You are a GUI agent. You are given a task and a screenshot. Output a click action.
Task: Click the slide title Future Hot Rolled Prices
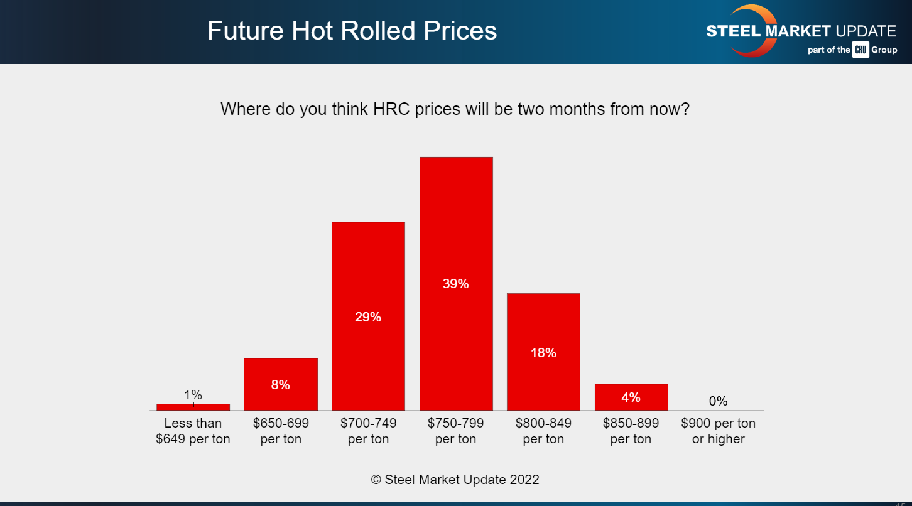tap(352, 30)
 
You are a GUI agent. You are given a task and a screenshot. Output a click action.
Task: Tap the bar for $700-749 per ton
tap(368, 264)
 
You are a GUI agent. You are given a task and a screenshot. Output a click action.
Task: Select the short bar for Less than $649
tap(193, 407)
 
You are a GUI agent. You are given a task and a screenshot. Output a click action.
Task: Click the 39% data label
tap(456, 284)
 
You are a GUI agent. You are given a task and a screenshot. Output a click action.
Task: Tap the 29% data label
tap(368, 317)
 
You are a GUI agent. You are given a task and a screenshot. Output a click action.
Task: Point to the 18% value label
tap(543, 353)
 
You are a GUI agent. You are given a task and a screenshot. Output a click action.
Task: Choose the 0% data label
tap(718, 401)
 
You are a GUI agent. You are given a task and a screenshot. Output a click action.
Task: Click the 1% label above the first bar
tap(193, 395)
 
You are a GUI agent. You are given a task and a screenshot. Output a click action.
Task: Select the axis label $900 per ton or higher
tap(718, 431)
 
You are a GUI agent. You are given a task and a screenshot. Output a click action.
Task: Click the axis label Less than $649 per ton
tap(193, 431)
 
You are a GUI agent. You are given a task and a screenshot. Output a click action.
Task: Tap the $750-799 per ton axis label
tap(456, 431)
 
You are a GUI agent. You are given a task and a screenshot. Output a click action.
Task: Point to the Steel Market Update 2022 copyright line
tap(455, 480)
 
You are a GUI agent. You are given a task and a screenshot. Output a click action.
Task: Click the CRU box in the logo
tap(860, 50)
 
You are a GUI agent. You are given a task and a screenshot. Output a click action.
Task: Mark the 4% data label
tap(631, 397)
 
